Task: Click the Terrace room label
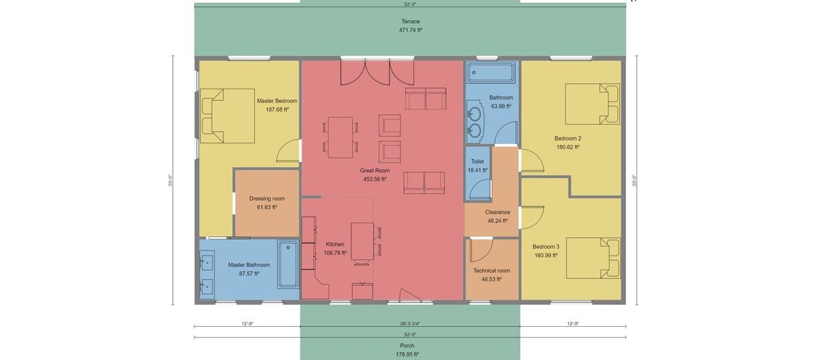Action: [x=410, y=22]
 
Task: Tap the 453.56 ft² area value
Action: [x=374, y=179]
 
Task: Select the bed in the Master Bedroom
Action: [x=228, y=116]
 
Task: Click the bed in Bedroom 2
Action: [x=592, y=104]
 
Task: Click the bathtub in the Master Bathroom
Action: [x=288, y=264]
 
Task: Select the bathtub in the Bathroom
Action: [x=490, y=72]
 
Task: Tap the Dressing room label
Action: [x=266, y=199]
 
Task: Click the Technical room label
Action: [x=491, y=271]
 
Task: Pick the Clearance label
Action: [x=498, y=212]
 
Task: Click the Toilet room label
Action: [x=477, y=162]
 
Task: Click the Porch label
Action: [x=408, y=346]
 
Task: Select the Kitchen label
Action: [x=335, y=244]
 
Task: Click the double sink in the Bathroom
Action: [x=475, y=122]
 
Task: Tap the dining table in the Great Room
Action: [x=340, y=137]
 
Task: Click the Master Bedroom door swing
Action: [x=288, y=150]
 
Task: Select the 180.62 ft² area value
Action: [x=567, y=147]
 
